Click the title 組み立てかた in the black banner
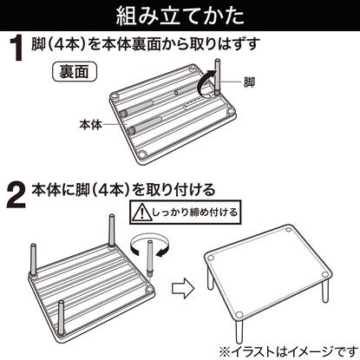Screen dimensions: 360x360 click(x=180, y=16)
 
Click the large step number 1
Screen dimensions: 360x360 click(x=18, y=49)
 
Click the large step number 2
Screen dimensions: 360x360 click(x=16, y=197)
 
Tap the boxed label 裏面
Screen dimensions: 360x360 click(x=74, y=71)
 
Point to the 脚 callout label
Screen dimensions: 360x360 click(x=249, y=82)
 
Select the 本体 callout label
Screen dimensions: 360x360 click(x=91, y=125)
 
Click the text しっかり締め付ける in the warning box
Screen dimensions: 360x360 click(x=194, y=213)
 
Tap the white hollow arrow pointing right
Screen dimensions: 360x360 click(x=182, y=289)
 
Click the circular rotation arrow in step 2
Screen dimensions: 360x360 click(x=150, y=245)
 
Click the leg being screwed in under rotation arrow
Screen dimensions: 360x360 click(x=150, y=259)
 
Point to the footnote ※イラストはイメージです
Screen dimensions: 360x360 click(x=289, y=351)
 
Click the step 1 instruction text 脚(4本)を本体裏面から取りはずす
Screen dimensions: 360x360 click(x=144, y=44)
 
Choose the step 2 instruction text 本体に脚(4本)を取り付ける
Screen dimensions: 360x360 click(x=123, y=190)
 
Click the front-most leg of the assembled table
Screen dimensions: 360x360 click(x=239, y=330)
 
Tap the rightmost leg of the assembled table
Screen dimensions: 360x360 click(x=325, y=292)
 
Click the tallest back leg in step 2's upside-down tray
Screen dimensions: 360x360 click(x=112, y=232)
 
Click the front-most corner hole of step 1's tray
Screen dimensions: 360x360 click(x=141, y=154)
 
